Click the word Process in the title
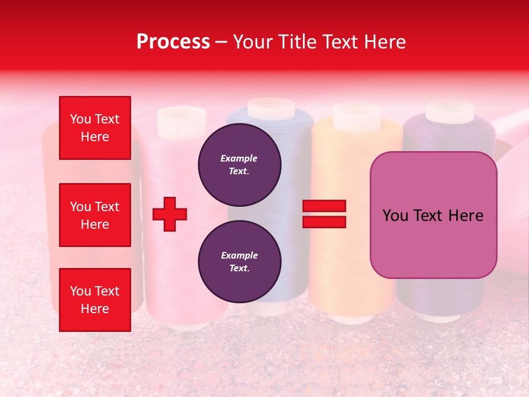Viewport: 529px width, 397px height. point(173,41)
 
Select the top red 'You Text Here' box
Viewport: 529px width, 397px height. point(95,128)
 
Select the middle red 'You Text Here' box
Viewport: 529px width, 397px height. point(95,215)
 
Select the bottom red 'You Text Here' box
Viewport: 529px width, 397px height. point(95,300)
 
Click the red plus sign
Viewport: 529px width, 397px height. point(170,214)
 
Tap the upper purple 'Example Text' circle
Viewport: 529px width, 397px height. point(239,164)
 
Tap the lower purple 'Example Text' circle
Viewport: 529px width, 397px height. point(239,261)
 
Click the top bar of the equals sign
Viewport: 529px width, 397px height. point(324,206)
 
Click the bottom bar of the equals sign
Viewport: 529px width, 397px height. point(324,222)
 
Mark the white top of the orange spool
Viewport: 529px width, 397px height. point(357,114)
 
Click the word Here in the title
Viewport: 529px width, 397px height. point(383,41)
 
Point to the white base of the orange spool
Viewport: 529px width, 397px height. point(353,318)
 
